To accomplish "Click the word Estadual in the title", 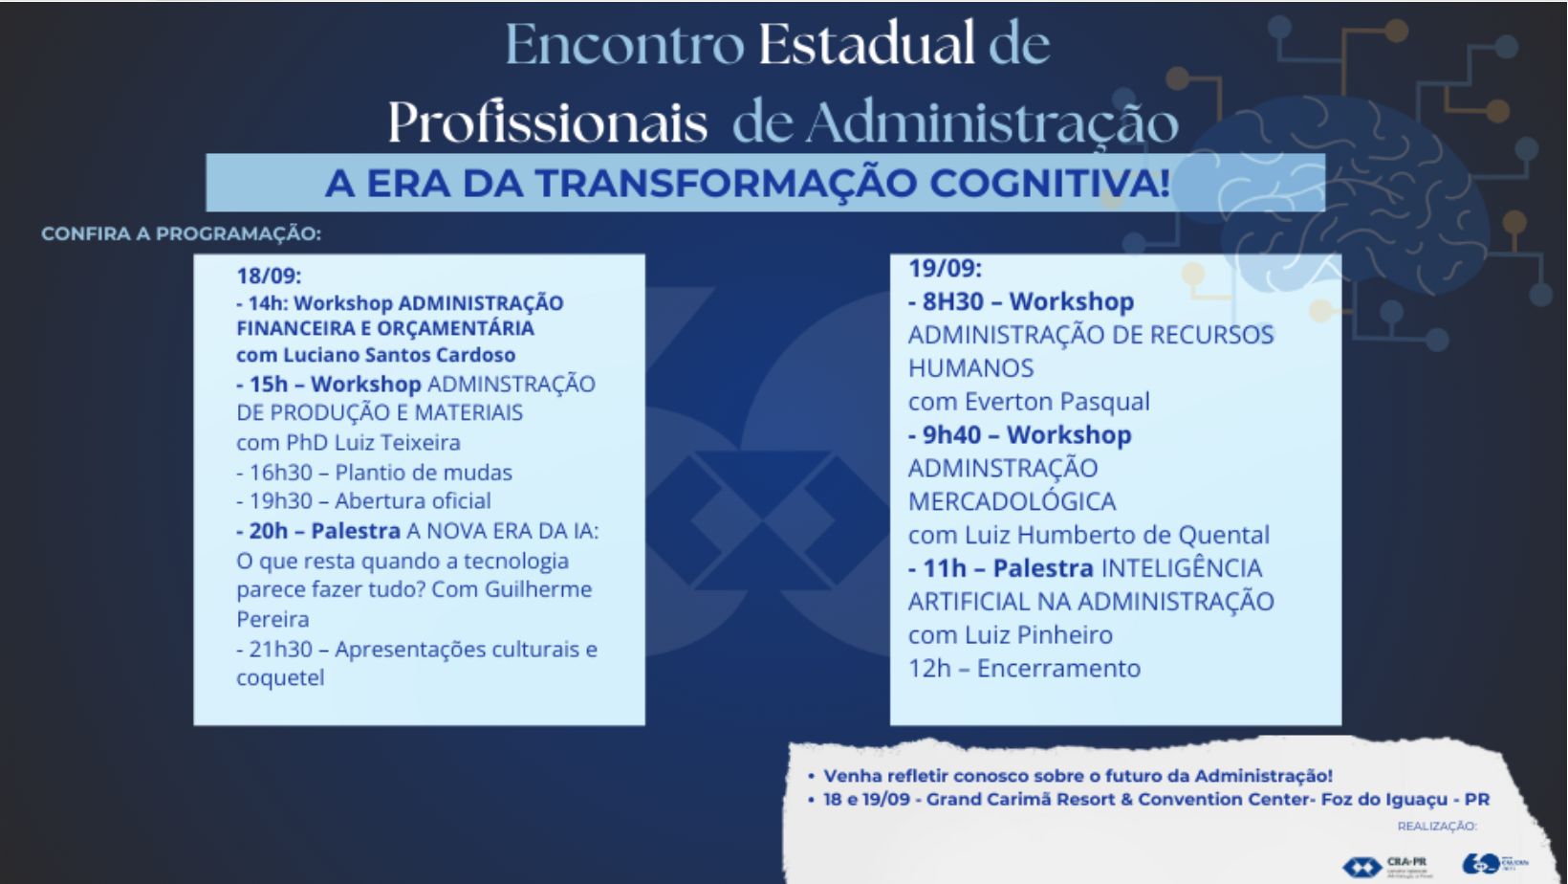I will click(866, 45).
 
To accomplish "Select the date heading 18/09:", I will click(269, 276).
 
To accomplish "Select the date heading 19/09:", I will click(945, 268).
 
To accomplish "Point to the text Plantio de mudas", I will click(423, 473).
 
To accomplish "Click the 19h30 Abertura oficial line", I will click(363, 501).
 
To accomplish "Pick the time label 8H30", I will click(952, 301).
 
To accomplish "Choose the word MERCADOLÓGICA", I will click(1012, 501).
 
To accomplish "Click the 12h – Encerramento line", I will click(1024, 668).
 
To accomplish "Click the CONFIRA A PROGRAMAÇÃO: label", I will click(181, 234).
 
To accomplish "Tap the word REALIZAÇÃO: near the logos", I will click(1436, 826).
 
